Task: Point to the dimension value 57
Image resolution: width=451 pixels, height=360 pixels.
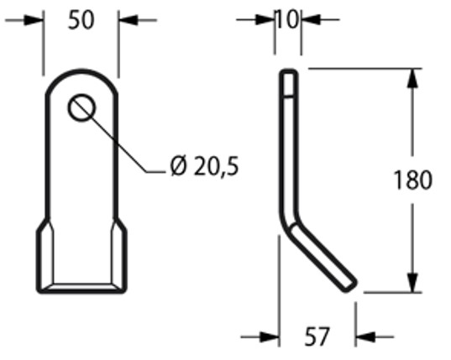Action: coord(317,337)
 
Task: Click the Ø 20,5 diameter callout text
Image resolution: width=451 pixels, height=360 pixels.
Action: coord(204,167)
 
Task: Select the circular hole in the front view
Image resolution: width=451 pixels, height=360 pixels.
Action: coord(82,107)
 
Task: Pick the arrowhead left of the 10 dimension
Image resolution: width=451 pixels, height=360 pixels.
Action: coord(271,19)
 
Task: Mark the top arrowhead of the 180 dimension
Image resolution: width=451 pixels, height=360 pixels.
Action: coord(412,78)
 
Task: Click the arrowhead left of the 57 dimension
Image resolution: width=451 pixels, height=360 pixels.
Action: coord(270,337)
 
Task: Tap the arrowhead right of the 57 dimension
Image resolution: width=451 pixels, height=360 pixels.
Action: coord(363,337)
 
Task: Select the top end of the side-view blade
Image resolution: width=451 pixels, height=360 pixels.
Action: coord(288,76)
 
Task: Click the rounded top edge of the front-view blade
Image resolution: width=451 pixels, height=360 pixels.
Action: coord(81,72)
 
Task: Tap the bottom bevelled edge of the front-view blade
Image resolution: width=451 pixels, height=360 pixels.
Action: coord(81,288)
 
